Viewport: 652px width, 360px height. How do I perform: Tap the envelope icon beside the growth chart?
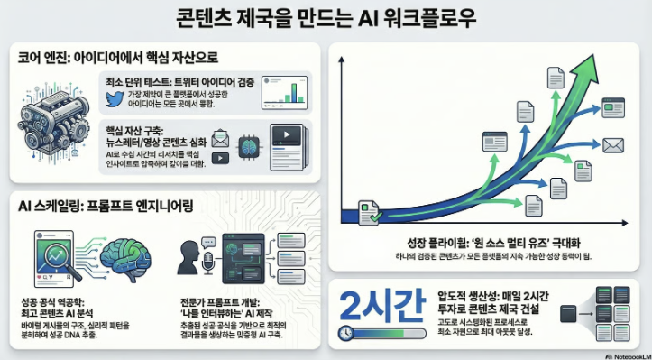[613, 144]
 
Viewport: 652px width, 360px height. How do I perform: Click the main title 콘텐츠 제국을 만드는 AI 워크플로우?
[326, 18]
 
